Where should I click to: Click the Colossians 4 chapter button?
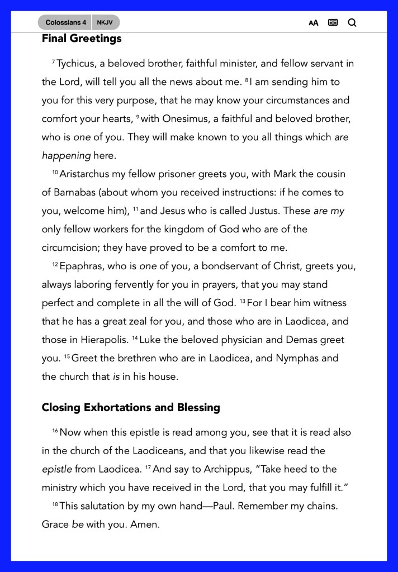pyautogui.click(x=65, y=23)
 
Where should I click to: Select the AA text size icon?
pyautogui.click(x=314, y=23)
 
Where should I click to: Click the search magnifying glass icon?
pyautogui.click(x=352, y=23)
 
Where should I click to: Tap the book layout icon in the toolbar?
pyautogui.click(x=333, y=23)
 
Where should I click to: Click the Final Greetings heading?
pyautogui.click(x=82, y=39)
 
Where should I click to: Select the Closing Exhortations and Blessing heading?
pyautogui.click(x=131, y=407)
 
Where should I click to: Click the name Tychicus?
pyautogui.click(x=76, y=64)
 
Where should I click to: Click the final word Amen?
pyautogui.click(x=145, y=525)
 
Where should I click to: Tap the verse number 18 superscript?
pyautogui.click(x=55, y=504)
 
